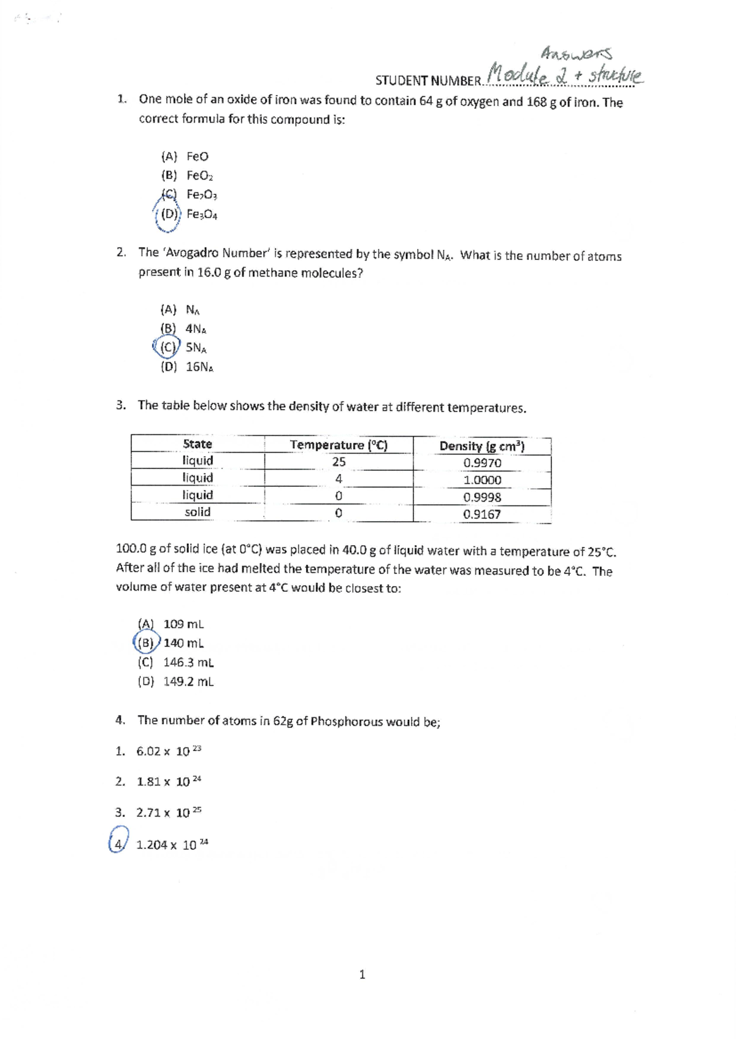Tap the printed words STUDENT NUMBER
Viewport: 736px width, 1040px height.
429,81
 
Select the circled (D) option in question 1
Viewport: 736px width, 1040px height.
169,215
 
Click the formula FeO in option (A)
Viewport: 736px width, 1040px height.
197,156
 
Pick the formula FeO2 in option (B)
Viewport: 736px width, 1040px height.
200,176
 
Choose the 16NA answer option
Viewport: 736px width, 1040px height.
199,367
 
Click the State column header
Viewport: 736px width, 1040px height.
197,444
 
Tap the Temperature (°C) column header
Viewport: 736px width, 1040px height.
339,445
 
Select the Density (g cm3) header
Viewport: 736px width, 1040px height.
482,446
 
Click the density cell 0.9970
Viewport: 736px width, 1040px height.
482,463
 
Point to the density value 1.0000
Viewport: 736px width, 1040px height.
482,480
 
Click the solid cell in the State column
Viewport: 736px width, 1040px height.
197,512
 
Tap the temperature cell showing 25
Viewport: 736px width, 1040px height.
339,462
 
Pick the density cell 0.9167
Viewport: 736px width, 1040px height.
482,514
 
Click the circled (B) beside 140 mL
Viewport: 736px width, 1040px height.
146,643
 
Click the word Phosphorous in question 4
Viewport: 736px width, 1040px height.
347,722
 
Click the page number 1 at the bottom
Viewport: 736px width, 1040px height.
362,974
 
